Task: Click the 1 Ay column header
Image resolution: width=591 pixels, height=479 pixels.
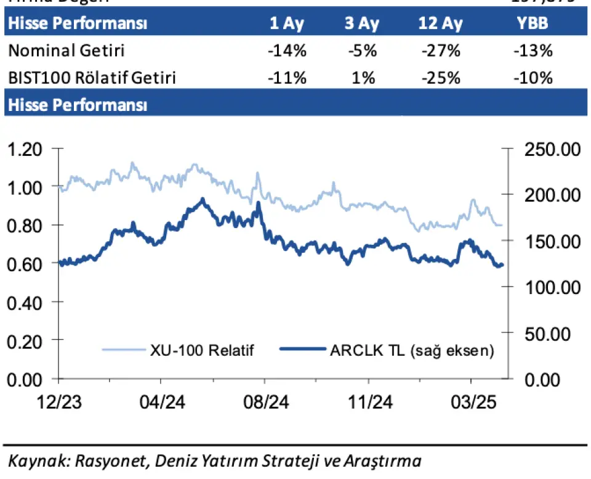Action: tap(286, 24)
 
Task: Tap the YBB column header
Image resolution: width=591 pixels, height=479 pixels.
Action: tap(534, 24)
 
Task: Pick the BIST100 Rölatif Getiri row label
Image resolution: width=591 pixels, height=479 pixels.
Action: tap(92, 78)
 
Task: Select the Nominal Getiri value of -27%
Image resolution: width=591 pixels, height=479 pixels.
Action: tap(441, 51)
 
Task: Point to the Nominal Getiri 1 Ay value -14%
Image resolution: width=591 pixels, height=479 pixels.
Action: tap(287, 51)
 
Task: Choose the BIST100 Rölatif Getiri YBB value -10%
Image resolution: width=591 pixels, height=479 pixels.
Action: tap(534, 78)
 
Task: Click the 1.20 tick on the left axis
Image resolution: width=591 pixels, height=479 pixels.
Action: tap(25, 149)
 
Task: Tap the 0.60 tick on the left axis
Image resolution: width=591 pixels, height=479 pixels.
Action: tap(25, 264)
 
